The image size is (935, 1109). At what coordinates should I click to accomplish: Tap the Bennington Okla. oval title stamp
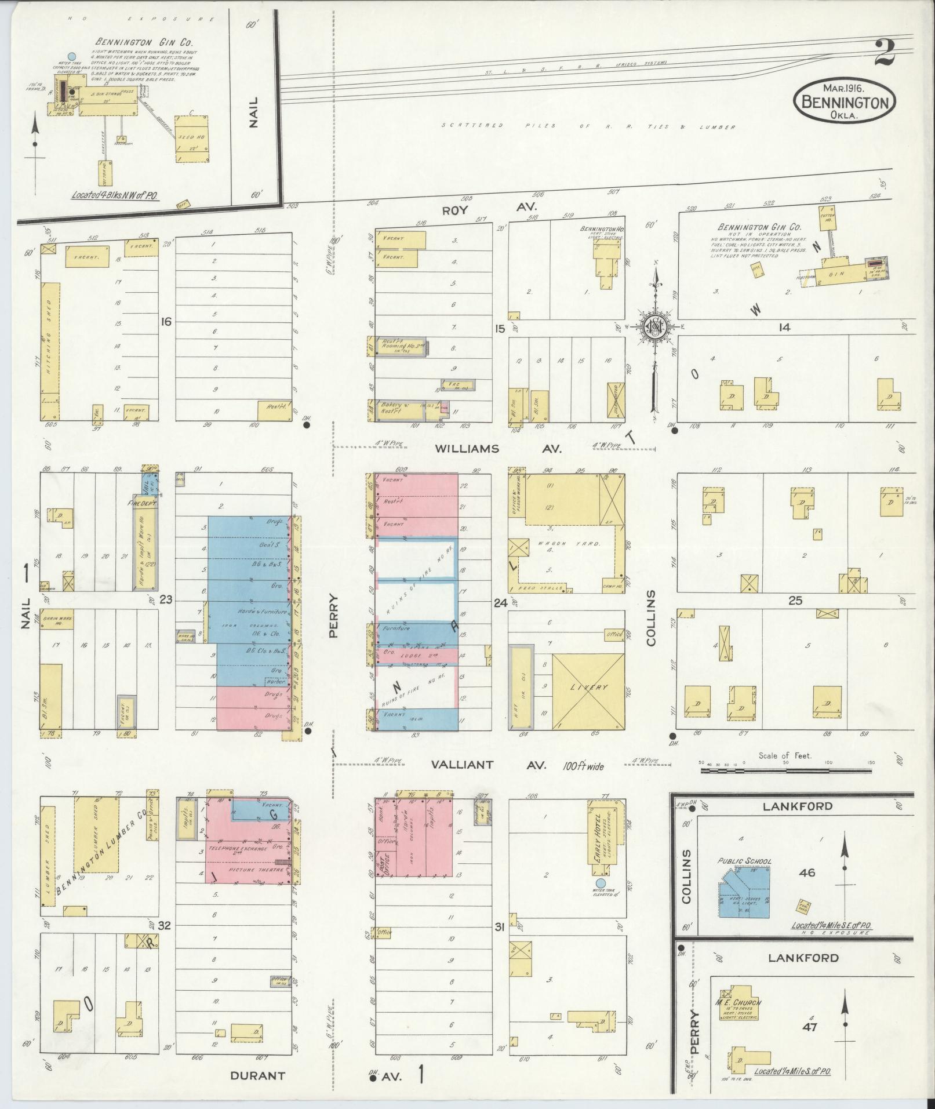click(844, 101)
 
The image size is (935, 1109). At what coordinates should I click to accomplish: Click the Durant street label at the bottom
click(257, 1075)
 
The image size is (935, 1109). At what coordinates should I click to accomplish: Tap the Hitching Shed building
click(50, 351)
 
